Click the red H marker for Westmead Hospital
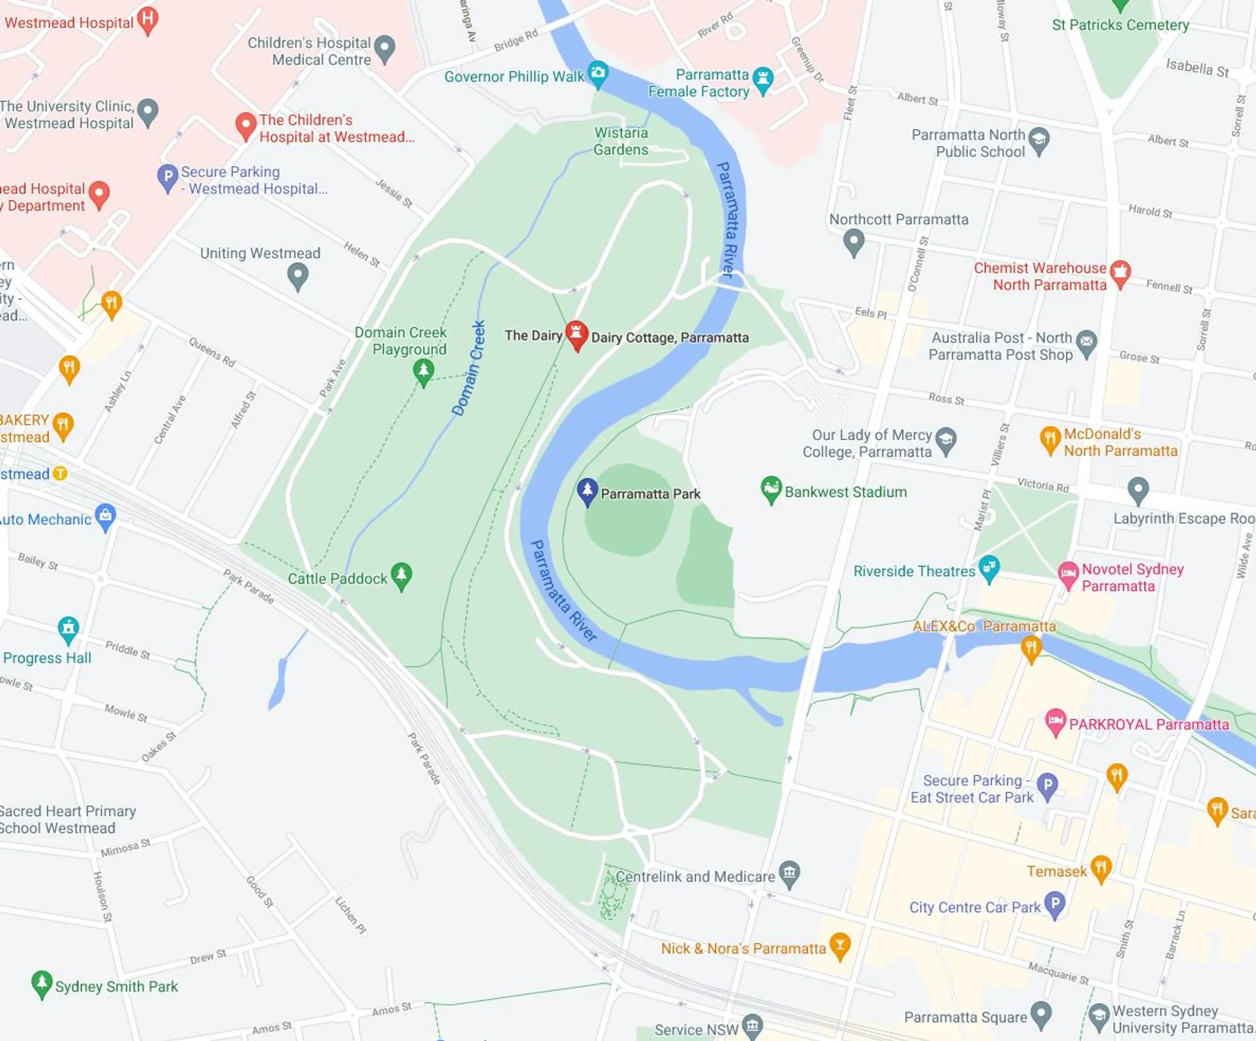click(x=147, y=19)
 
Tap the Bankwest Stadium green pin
click(x=770, y=489)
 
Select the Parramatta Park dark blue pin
click(x=587, y=490)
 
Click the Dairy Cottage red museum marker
click(x=576, y=334)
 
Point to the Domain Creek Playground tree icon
click(x=423, y=371)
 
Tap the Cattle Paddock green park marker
click(x=401, y=575)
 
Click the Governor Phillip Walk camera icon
click(x=597, y=74)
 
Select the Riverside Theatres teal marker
click(x=989, y=568)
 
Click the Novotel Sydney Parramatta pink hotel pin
click(x=1068, y=574)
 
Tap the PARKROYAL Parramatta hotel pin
click(x=1055, y=721)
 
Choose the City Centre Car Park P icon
click(x=1054, y=904)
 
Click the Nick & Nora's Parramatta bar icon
click(x=840, y=945)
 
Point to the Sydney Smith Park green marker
click(x=41, y=983)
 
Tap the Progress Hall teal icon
click(x=68, y=628)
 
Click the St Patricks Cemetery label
click(x=1120, y=25)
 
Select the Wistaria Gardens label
click(x=621, y=141)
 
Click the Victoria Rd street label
click(x=1043, y=485)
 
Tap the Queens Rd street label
click(x=212, y=352)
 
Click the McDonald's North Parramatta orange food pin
click(x=1049, y=439)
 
